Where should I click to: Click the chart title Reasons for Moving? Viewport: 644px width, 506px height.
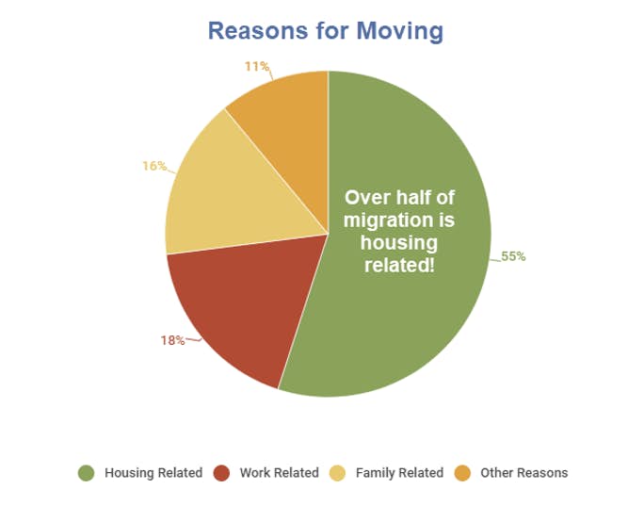326,31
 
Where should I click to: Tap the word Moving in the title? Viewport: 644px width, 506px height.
399,31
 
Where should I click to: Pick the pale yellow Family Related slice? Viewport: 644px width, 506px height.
230,197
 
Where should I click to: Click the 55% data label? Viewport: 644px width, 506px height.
513,256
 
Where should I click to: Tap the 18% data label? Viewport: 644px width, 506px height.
172,340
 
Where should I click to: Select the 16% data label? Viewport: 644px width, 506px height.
154,166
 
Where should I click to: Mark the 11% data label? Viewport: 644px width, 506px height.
257,66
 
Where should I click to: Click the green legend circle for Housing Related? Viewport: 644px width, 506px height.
87,473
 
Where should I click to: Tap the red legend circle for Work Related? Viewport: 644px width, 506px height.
222,473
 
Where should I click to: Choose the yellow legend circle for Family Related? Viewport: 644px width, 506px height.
338,473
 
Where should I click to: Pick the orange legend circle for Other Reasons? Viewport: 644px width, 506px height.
462,473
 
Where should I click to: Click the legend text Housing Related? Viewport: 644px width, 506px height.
153,473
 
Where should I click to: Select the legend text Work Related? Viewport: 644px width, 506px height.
280,473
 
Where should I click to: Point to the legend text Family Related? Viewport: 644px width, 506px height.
399,473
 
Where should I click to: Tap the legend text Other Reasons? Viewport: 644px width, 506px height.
524,473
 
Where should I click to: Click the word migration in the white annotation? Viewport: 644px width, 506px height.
388,220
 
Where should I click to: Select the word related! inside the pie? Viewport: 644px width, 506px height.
399,265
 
